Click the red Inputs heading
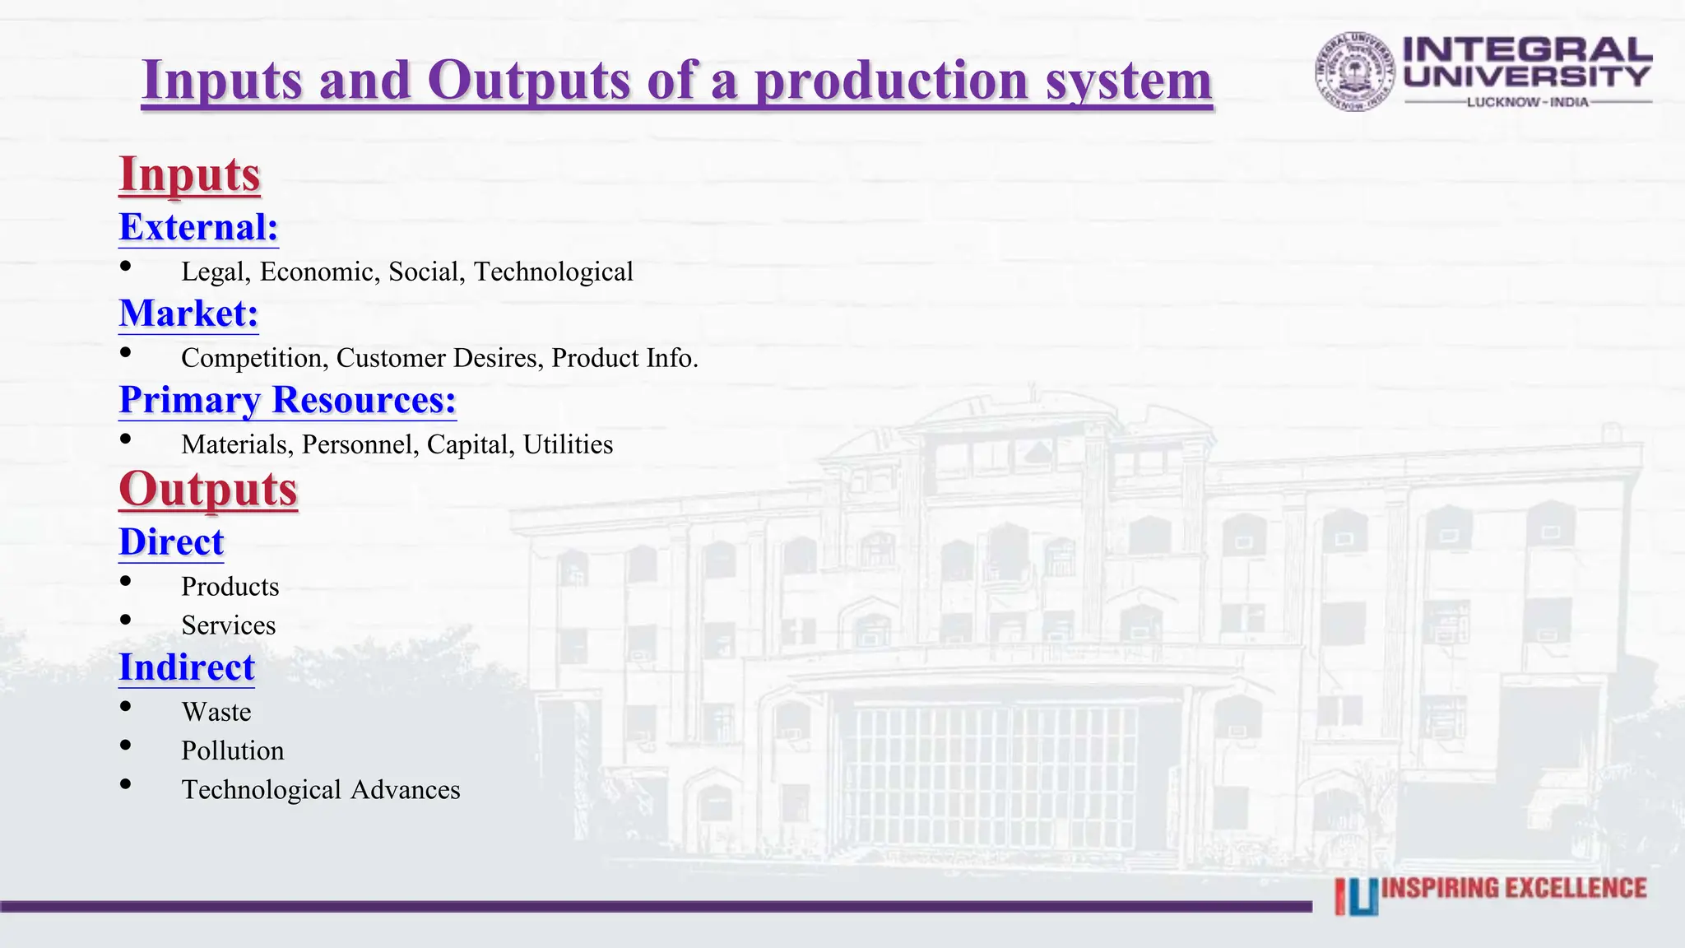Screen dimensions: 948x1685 189,174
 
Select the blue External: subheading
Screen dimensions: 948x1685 198,227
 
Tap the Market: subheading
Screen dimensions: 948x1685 188,314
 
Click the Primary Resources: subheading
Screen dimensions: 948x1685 287,400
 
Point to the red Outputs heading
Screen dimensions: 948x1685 208,489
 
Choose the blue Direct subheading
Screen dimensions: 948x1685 171,542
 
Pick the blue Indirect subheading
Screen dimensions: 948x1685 187,667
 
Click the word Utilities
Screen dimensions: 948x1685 568,444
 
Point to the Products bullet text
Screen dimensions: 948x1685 230,587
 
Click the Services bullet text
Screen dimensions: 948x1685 229,625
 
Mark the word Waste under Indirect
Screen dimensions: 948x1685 216,712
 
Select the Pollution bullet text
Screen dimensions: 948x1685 233,750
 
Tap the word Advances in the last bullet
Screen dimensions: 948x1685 405,790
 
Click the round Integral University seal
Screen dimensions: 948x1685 1354,72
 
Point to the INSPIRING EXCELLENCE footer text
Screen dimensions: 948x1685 1514,889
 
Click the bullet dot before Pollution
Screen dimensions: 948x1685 125,746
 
